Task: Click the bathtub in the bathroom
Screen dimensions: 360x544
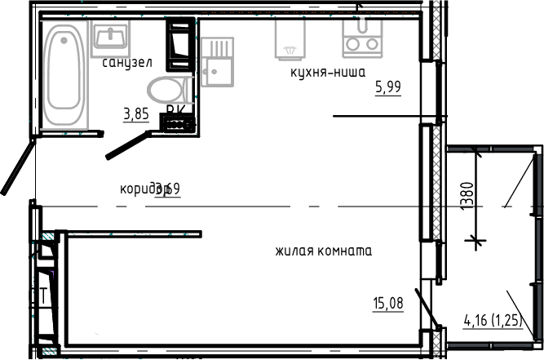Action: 63,75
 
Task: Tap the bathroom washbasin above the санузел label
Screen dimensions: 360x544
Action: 110,38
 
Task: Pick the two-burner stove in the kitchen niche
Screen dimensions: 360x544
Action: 362,37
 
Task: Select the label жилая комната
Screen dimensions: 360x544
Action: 324,251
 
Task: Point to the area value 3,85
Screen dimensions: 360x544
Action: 135,114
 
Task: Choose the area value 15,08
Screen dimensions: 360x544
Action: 388,304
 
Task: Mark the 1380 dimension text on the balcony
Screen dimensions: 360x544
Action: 465,197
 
